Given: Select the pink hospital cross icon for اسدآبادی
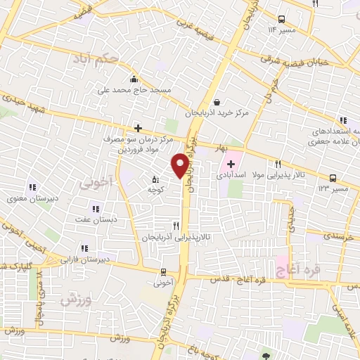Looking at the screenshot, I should (231, 164).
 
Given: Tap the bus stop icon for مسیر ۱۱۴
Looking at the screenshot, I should (282, 19).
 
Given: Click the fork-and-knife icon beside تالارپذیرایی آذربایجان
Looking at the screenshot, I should (175, 226).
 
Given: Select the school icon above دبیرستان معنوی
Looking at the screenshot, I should (32, 187).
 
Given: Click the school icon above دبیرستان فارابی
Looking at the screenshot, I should (84, 247).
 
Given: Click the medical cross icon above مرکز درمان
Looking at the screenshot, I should (139, 128).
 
